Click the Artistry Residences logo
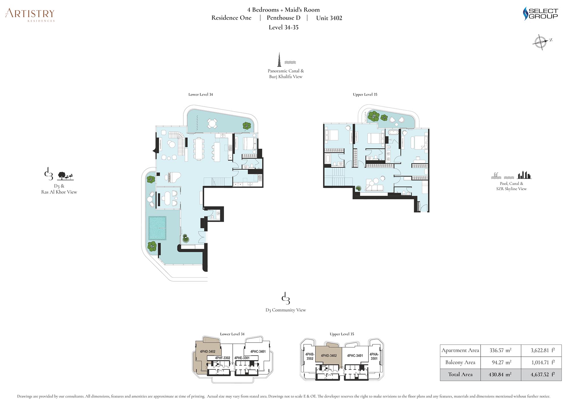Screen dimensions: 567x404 coord(30,15)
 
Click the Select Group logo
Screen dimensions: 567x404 coord(540,14)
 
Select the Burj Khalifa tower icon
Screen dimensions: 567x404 coord(279,59)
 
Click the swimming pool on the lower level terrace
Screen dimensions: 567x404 coord(157,228)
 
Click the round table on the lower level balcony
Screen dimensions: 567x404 coord(212,123)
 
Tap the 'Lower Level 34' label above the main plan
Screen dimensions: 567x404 coord(200,95)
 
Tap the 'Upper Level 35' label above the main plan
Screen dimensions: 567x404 coord(365,95)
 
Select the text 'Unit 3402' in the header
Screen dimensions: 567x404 coord(329,18)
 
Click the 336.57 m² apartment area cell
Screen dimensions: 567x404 coord(501,350)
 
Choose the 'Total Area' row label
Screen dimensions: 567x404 coord(460,375)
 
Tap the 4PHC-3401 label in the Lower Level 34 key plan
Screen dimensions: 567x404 coord(258,352)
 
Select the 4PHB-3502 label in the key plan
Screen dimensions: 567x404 coord(310,356)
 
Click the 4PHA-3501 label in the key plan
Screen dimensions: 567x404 coord(374,356)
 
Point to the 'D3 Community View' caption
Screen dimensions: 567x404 coord(286,310)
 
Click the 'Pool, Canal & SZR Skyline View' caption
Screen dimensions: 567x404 coord(511,186)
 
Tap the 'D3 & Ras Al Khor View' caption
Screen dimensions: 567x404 coord(59,189)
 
